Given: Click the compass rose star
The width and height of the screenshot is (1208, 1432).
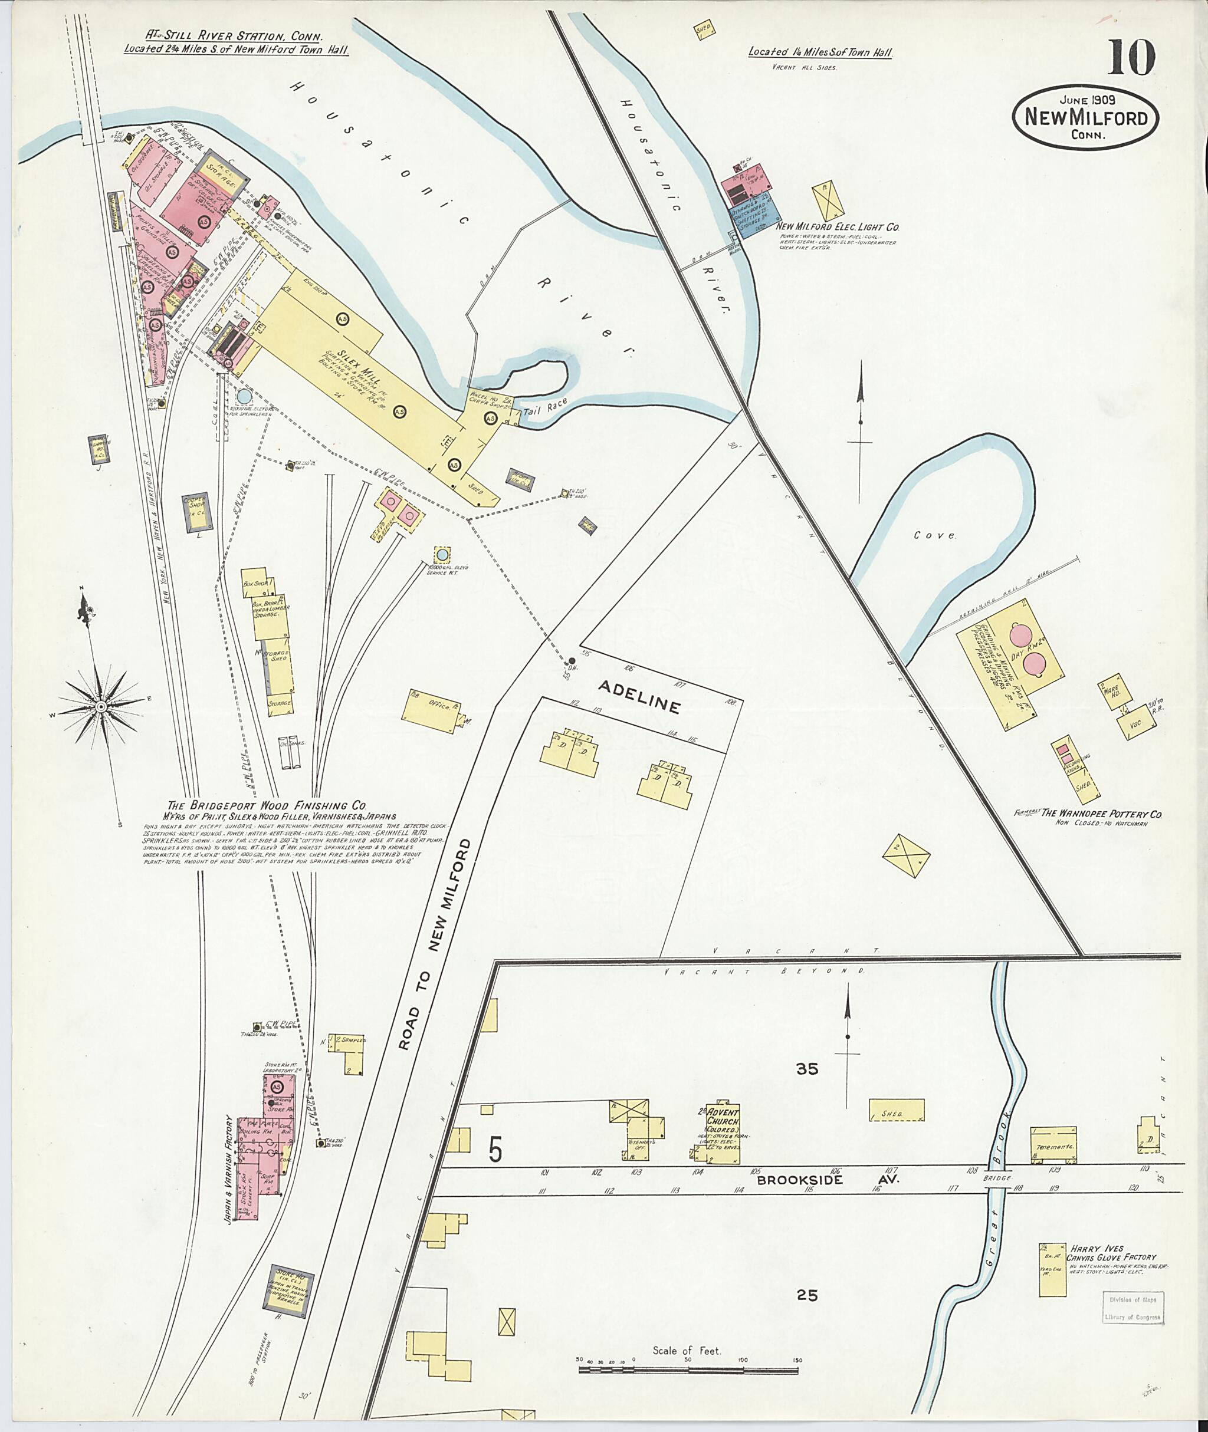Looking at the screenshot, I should [x=101, y=706].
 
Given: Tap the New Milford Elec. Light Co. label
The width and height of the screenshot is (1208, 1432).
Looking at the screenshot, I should [x=838, y=226].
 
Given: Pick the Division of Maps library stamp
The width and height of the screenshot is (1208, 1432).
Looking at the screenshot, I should [x=1132, y=1308].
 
